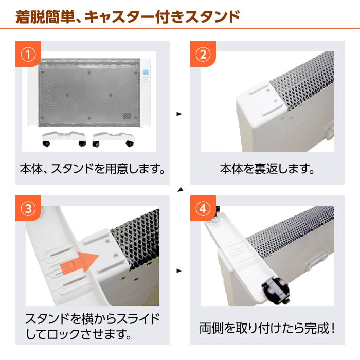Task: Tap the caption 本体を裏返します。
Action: click(x=267, y=169)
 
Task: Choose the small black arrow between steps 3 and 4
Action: click(x=179, y=270)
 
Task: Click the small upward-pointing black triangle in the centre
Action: click(x=180, y=190)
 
